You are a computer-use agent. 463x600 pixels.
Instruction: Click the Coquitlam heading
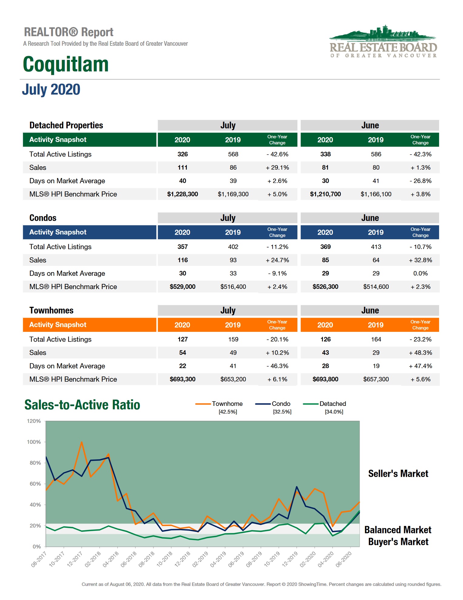(66, 64)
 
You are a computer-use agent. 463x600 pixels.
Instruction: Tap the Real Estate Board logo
(383, 42)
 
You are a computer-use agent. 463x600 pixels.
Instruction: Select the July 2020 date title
(51, 89)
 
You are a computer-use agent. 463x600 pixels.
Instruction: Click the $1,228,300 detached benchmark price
(182, 194)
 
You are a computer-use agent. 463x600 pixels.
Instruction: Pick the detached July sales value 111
(182, 167)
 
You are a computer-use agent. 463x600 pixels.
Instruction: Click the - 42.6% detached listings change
(277, 154)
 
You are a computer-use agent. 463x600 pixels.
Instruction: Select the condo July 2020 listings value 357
(182, 247)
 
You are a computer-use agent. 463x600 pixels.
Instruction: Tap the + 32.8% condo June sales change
(420, 260)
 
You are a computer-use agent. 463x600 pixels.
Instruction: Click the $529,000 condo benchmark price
(182, 287)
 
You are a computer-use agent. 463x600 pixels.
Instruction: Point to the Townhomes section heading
(51, 310)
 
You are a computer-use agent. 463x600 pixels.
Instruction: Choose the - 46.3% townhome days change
(277, 366)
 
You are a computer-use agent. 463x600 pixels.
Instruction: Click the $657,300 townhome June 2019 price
(376, 379)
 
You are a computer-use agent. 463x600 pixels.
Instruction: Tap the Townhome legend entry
(227, 404)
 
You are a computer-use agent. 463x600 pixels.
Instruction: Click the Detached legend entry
(332, 404)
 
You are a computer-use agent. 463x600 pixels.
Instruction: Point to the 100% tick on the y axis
(34, 442)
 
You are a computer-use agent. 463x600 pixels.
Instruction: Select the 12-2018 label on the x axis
(183, 559)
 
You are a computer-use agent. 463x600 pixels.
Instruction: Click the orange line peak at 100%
(82, 442)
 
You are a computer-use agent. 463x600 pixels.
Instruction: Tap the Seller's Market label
(398, 474)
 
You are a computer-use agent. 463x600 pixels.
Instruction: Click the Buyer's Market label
(398, 542)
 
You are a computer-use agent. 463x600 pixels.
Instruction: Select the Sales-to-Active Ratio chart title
(82, 405)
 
